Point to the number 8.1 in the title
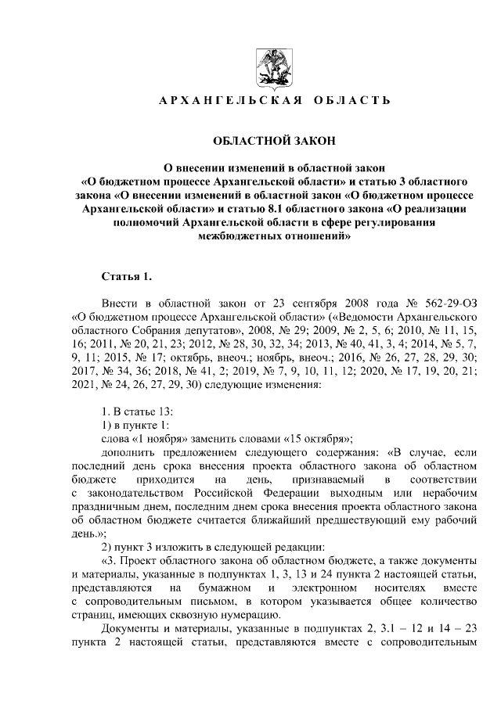(x=268, y=209)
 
